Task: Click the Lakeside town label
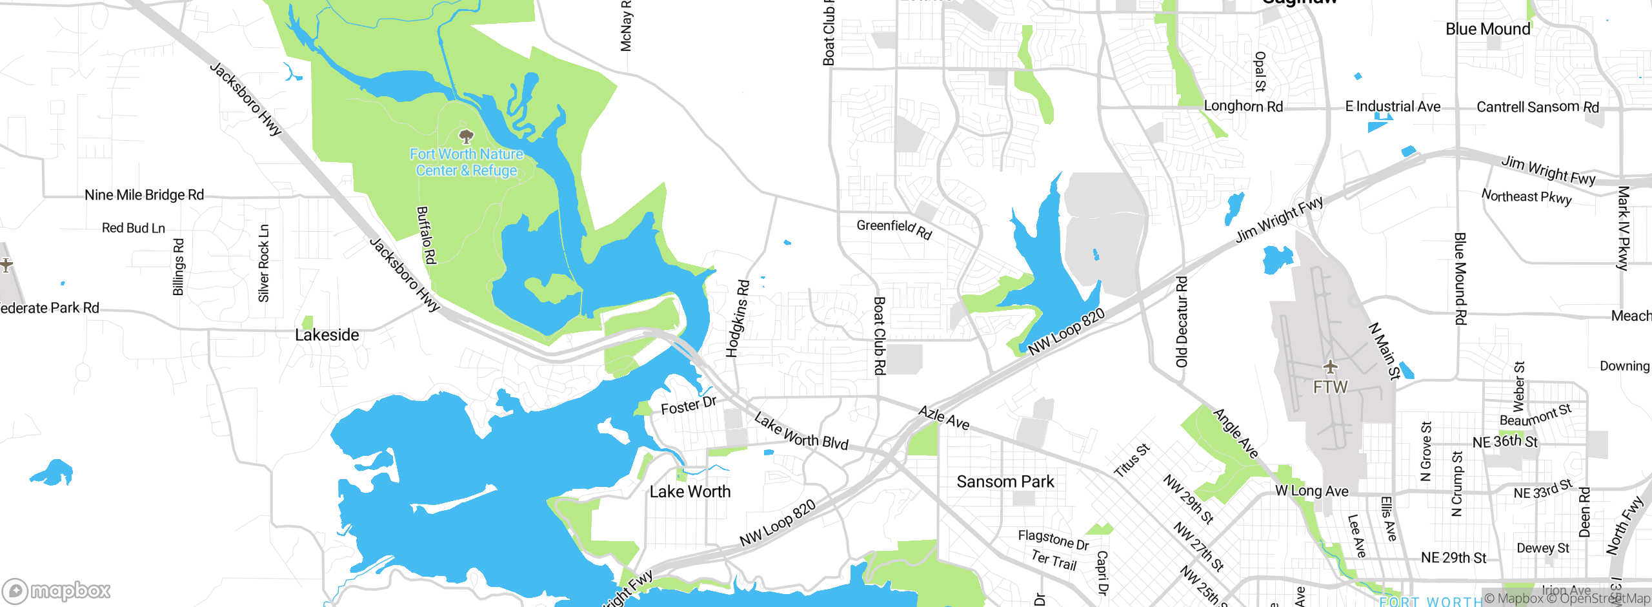coord(327,335)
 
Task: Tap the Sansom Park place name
coord(1005,482)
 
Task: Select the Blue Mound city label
coord(1487,29)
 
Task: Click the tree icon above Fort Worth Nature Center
coord(466,136)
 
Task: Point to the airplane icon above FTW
coord(1330,367)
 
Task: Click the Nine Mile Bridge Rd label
coord(144,194)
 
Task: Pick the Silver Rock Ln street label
coord(263,263)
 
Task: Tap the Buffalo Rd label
coord(427,235)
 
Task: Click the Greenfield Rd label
coord(894,229)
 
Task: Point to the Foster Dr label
coord(689,406)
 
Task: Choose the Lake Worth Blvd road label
coord(801,432)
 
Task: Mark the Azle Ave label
coord(943,418)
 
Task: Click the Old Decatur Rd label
coord(1182,322)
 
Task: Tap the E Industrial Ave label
coord(1393,107)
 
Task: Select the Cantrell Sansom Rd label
coord(1538,107)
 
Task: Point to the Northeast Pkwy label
coord(1526,196)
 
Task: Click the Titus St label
coord(1132,460)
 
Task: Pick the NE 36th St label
coord(1505,442)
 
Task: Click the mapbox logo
coord(57,590)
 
